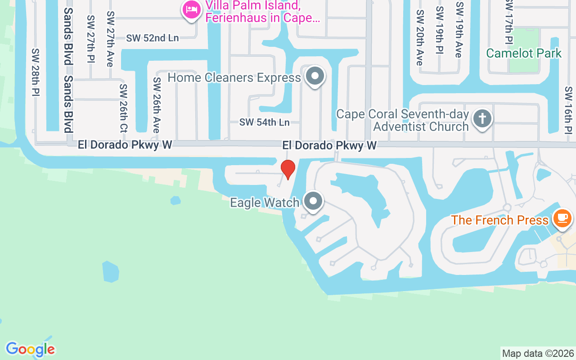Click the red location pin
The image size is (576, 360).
click(288, 169)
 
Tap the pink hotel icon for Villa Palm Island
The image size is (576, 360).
click(192, 9)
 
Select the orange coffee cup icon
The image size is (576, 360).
click(562, 218)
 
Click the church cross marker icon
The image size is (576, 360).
click(482, 119)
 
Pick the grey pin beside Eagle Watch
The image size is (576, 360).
click(313, 201)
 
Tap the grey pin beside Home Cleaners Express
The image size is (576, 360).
click(315, 76)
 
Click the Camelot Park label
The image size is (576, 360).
click(524, 53)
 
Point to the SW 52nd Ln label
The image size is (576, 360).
click(152, 38)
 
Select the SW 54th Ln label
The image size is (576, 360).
click(264, 122)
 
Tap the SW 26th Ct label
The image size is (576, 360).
click(123, 108)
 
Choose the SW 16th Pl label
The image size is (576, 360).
click(568, 110)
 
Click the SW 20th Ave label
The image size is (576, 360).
click(420, 38)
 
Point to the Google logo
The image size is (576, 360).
click(30, 349)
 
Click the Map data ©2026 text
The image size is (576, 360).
click(538, 354)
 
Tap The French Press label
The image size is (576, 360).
click(499, 220)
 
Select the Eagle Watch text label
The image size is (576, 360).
click(264, 203)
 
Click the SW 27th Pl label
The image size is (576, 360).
click(91, 39)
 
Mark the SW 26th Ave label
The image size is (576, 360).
click(157, 105)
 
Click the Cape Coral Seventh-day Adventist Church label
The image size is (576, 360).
click(402, 120)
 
